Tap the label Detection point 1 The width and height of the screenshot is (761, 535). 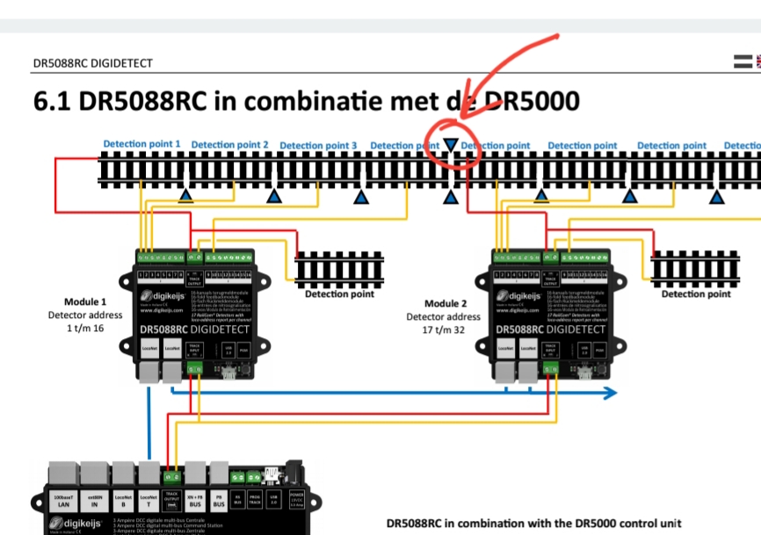click(141, 143)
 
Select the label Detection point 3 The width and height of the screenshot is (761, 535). click(318, 145)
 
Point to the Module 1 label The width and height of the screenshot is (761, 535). click(85, 301)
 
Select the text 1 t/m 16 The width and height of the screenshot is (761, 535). click(85, 329)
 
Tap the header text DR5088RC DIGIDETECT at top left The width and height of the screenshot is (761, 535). click(92, 63)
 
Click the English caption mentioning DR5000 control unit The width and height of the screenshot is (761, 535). click(533, 524)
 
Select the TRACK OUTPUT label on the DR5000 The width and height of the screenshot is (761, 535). click(171, 496)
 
